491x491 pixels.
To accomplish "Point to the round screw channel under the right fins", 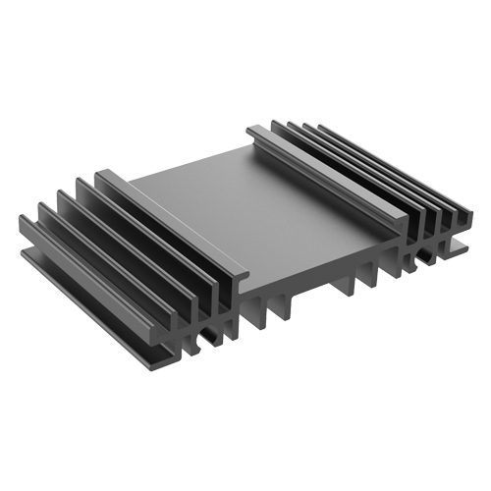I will coord(424,257).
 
